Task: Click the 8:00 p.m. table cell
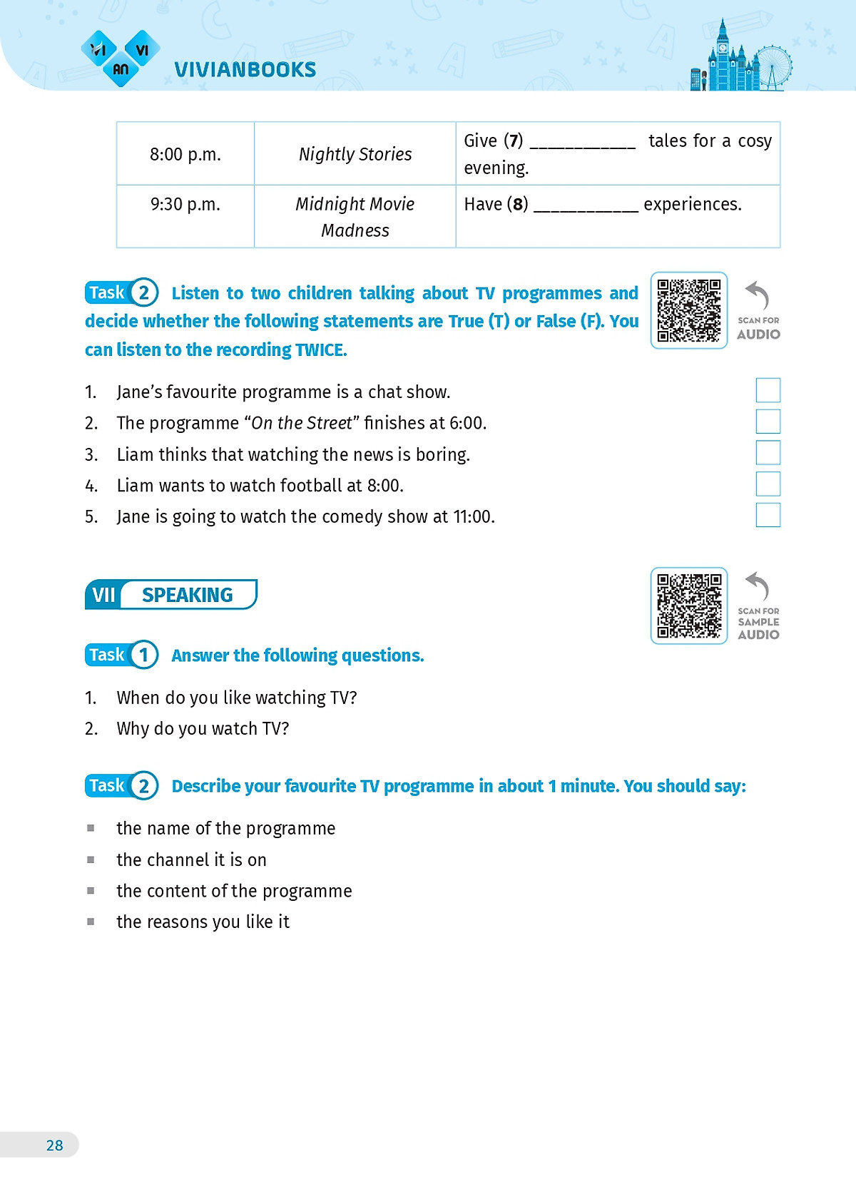click(x=185, y=154)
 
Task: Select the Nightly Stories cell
click(x=355, y=154)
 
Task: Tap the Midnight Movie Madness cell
click(x=355, y=217)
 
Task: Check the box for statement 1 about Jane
click(x=768, y=391)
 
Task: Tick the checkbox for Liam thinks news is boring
click(x=768, y=453)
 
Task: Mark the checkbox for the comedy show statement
click(x=768, y=515)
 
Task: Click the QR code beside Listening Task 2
click(x=688, y=310)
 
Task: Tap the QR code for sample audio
click(x=688, y=606)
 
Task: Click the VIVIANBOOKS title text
click(x=245, y=70)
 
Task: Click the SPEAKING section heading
click(x=187, y=595)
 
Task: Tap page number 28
click(x=54, y=1146)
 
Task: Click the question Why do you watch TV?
click(x=203, y=729)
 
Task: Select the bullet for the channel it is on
click(x=91, y=860)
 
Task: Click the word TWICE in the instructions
click(x=321, y=350)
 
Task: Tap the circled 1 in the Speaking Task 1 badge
click(x=144, y=655)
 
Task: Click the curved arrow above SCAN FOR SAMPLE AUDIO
click(x=757, y=586)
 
